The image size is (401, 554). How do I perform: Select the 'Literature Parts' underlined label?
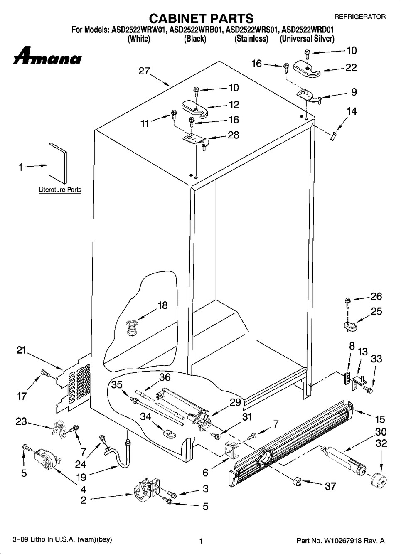pos(60,190)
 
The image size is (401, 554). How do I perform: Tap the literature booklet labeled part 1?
pos(57,163)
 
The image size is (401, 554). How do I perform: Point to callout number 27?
pos(144,71)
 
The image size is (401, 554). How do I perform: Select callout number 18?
pos(162,305)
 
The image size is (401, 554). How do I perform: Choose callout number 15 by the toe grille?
pos(380,419)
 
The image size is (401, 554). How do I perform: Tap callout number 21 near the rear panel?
pos(21,350)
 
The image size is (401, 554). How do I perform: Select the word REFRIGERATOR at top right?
pos(360,17)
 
